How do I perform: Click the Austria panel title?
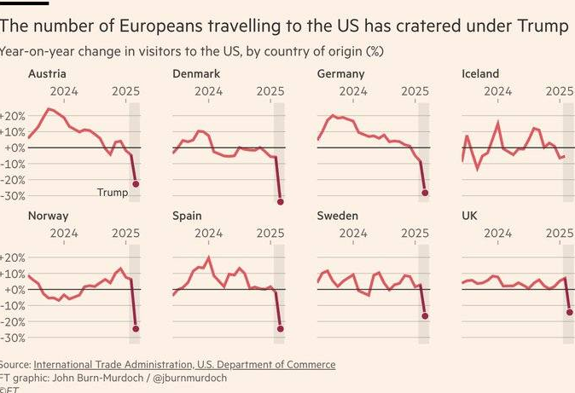point(47,74)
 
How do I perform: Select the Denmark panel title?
point(196,74)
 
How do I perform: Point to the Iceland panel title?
point(480,74)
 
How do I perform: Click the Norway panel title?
point(48,216)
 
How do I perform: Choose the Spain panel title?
point(188,216)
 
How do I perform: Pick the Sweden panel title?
point(337,216)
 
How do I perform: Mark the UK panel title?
point(468,216)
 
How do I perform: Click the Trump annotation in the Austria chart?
point(113,193)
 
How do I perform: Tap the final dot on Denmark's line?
point(281,202)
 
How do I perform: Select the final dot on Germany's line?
point(425,193)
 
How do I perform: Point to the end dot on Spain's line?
point(281,329)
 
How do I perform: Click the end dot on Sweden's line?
point(425,316)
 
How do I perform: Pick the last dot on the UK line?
point(569,312)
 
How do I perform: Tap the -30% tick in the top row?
point(14,196)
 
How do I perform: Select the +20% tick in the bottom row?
point(14,257)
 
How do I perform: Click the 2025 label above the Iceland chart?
point(560,90)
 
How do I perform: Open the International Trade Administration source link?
point(184,365)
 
